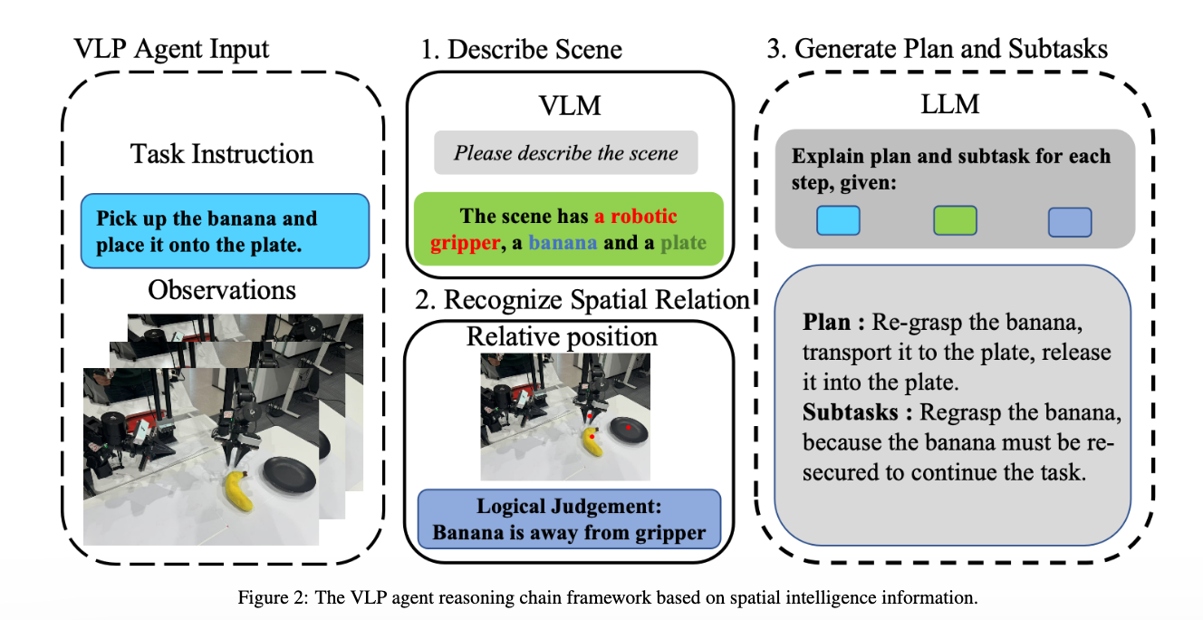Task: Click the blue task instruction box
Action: point(225,231)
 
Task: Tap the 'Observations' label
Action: point(222,290)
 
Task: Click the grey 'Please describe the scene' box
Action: point(565,153)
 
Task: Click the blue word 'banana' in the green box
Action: point(563,243)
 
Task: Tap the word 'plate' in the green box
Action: point(683,243)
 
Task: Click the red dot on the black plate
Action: point(627,424)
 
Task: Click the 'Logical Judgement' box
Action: point(568,519)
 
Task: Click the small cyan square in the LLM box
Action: point(838,221)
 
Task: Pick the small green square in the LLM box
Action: point(955,221)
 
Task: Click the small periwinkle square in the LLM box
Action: point(1070,221)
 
